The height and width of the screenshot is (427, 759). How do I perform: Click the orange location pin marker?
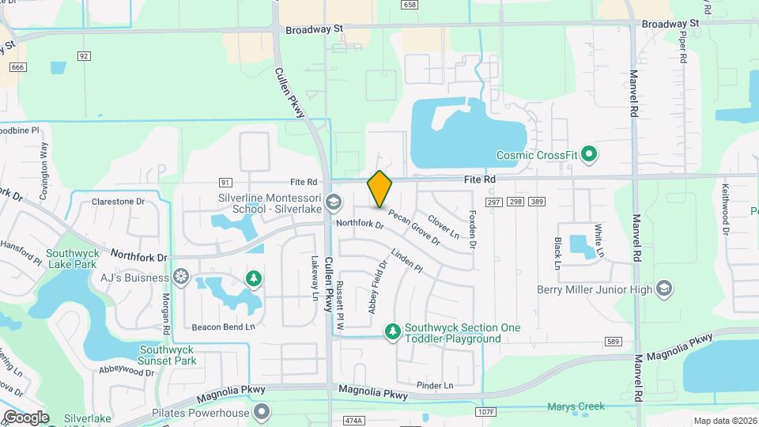coord(379,189)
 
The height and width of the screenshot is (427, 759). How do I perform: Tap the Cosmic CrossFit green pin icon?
coord(588,154)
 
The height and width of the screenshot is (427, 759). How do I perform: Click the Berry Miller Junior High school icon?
coord(663,289)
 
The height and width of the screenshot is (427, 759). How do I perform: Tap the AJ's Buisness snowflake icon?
coord(181,278)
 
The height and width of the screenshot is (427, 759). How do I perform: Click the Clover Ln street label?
coord(443,227)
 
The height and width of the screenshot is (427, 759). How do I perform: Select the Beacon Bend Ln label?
coord(224,327)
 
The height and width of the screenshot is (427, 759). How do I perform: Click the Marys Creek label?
coord(576,407)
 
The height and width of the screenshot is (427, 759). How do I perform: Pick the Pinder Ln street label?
coord(435,385)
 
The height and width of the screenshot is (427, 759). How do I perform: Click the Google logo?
coord(26,417)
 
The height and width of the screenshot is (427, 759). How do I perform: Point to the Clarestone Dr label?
coord(119,202)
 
